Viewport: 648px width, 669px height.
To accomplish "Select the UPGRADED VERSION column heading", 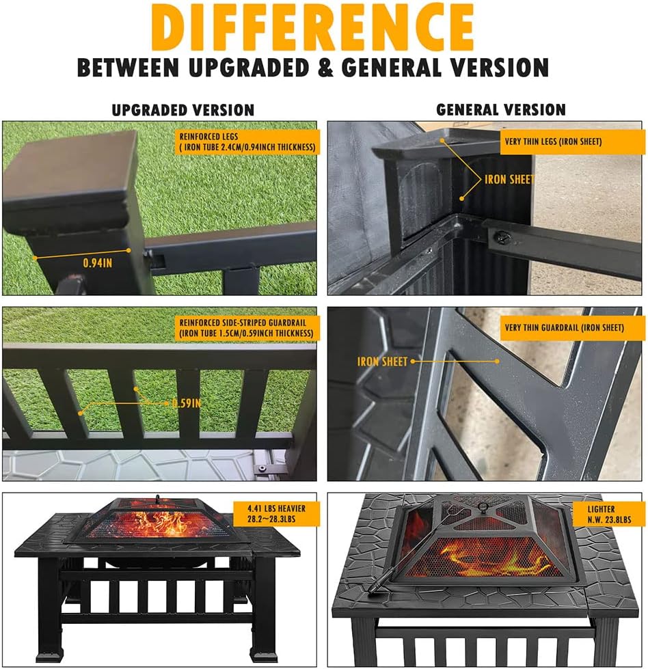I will click(x=183, y=109).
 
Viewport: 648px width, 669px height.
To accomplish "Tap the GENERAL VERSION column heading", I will click(x=501, y=109).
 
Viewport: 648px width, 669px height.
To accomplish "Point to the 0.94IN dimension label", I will click(x=98, y=262).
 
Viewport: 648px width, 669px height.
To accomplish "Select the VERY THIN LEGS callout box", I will click(x=563, y=141).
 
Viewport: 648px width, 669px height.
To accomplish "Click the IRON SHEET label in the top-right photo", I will click(x=509, y=179).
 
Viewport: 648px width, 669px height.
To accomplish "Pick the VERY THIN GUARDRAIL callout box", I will click(x=563, y=328).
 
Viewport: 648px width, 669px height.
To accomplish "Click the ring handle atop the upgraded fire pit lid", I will click(x=157, y=498).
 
